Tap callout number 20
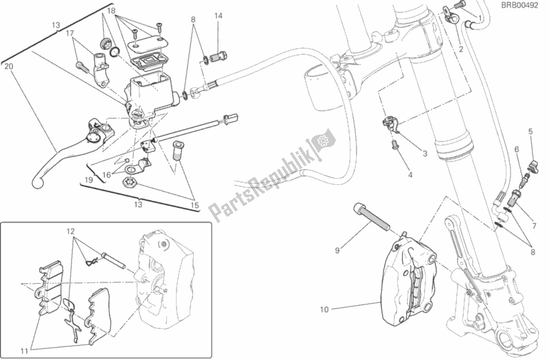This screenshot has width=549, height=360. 8,67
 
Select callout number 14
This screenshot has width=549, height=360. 218,16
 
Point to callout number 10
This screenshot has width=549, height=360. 324,309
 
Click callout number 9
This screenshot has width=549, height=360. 338,250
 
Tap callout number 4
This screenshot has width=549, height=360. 410,176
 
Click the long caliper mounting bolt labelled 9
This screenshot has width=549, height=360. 372,214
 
